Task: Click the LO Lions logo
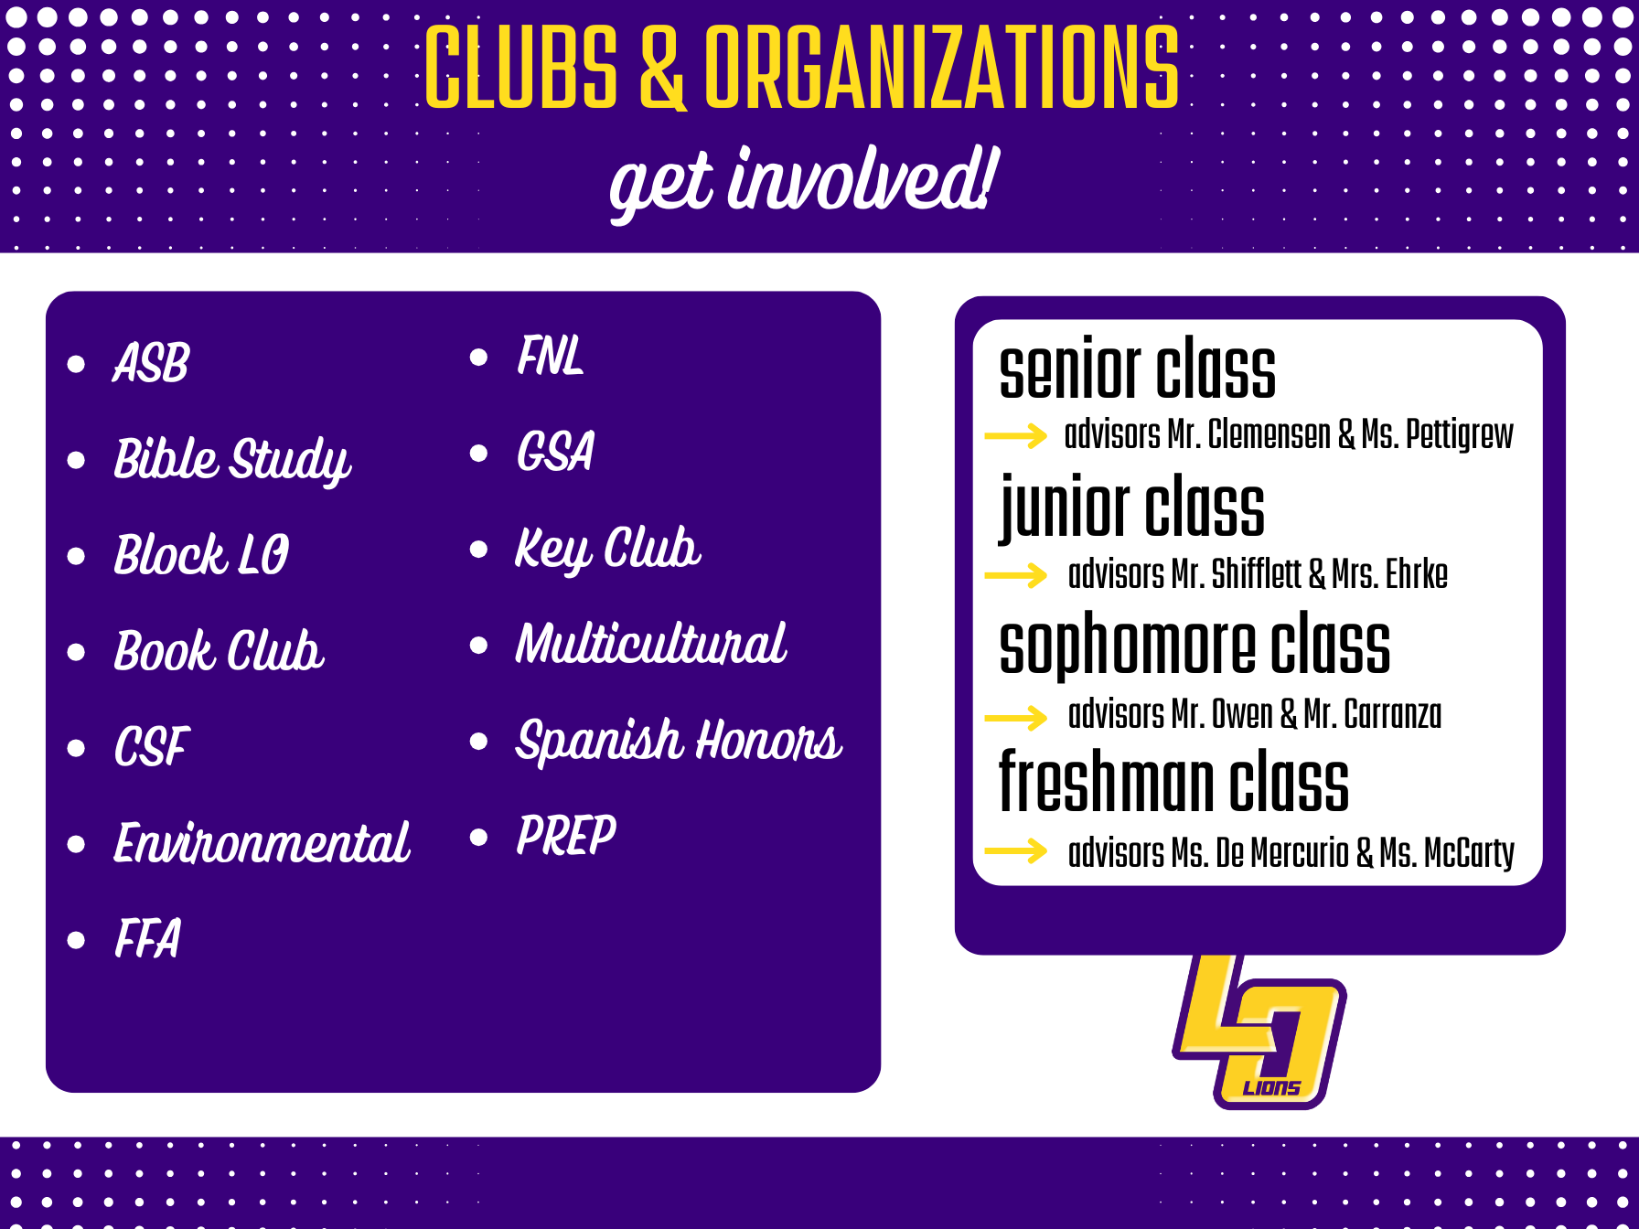coord(1259,1031)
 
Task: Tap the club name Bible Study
coord(232,460)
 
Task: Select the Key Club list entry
coord(608,550)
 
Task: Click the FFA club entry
coord(147,938)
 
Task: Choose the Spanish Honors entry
coord(679,740)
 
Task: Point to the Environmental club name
coord(262,842)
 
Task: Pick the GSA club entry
coord(555,452)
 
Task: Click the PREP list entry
coord(566,835)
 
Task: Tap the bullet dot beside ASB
coord(76,364)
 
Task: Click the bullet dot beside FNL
coord(478,357)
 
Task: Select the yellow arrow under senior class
coord(1015,435)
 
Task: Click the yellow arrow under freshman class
coord(1015,850)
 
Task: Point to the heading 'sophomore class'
coord(1194,647)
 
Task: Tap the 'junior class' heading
coord(1132,508)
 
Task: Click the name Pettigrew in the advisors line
coord(1459,435)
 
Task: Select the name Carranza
coord(1392,714)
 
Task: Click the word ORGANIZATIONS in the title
coord(942,66)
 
